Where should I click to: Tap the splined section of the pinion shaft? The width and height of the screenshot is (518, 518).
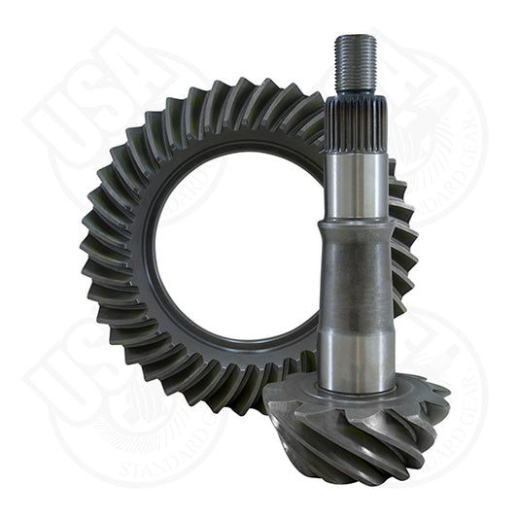pyautogui.click(x=355, y=121)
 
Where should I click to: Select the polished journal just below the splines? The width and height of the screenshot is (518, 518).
pyautogui.click(x=356, y=185)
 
